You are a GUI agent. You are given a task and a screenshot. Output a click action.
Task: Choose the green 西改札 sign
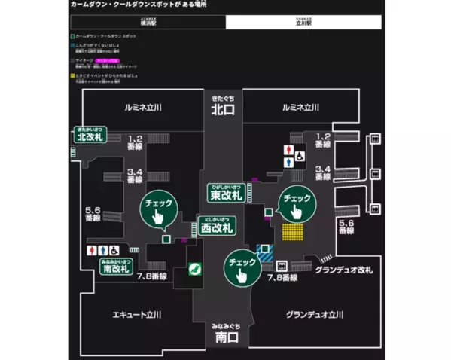coord(215,225)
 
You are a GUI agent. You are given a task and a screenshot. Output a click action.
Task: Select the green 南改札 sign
coord(117,266)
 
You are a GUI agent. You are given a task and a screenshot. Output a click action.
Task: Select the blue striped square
coord(264,253)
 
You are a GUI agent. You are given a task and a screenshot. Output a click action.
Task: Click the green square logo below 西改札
coord(193,267)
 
